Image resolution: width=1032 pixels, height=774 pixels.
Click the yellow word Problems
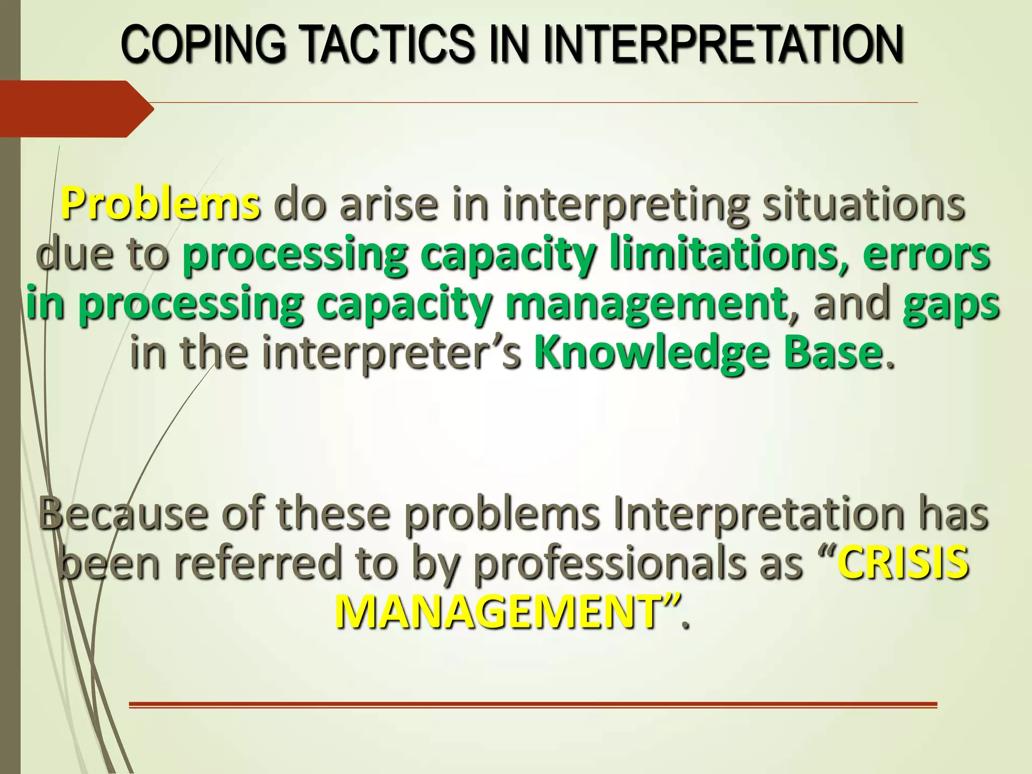pos(160,204)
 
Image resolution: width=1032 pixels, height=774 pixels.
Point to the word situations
pos(863,204)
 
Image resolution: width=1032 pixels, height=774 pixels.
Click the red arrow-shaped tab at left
pos(76,109)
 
